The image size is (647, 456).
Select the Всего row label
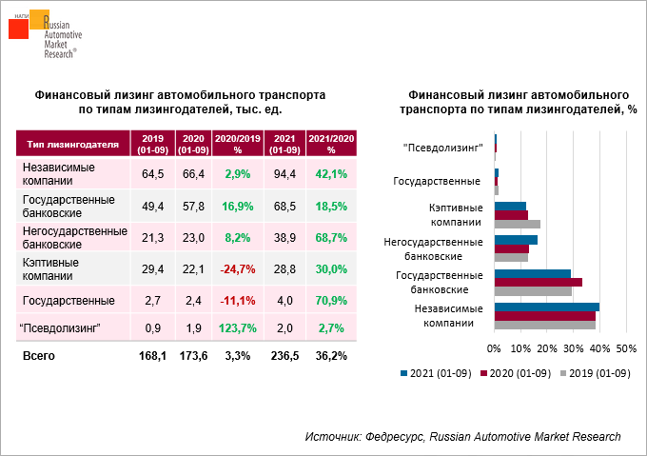[39, 356]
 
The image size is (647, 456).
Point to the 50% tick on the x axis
[626, 348]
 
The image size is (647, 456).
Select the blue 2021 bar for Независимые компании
[547, 307]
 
